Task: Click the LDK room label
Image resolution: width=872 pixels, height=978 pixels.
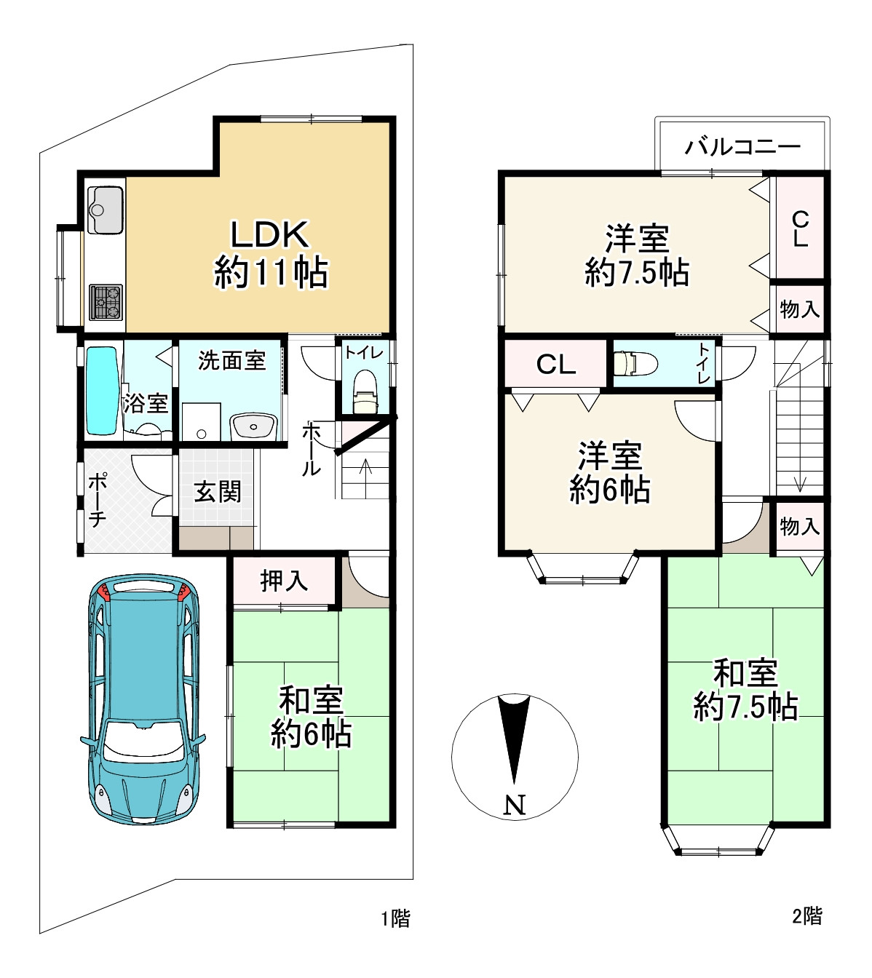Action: coord(270,254)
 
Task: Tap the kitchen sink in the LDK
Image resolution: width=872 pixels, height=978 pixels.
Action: coord(106,210)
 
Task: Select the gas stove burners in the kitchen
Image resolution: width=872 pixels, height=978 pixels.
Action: coord(106,302)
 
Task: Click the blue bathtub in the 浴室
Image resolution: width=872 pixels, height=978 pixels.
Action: coord(102,391)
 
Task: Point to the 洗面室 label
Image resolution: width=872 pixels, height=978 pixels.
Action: coord(231,361)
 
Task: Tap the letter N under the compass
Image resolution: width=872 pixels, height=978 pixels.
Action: coord(515,805)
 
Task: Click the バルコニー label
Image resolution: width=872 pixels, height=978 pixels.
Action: coord(742,146)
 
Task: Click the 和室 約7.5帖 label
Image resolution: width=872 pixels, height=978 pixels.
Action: coord(745,690)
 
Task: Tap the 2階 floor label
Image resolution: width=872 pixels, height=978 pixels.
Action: coord(807,915)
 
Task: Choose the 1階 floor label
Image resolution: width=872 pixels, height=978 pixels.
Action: coord(395,918)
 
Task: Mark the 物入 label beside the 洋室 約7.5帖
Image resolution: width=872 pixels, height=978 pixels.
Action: coord(799,309)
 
